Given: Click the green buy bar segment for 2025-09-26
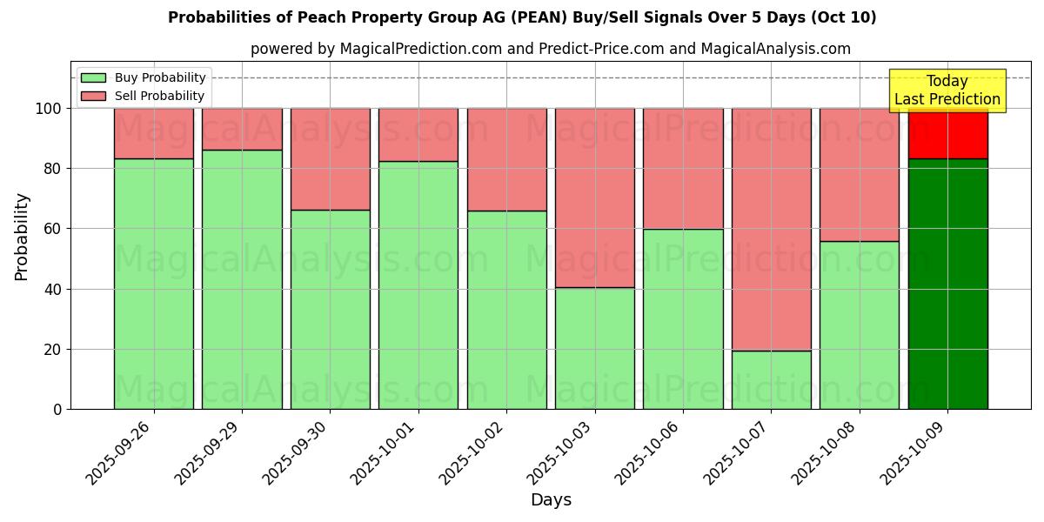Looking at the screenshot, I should [x=154, y=284].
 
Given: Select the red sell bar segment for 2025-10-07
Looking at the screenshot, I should [x=771, y=229].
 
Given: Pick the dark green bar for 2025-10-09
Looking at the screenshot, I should [x=947, y=284].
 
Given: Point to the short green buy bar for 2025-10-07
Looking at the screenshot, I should [x=771, y=379].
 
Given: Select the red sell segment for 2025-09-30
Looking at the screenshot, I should [x=331, y=158].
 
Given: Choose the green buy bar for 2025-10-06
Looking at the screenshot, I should [x=683, y=318].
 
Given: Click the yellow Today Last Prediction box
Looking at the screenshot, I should [x=947, y=90].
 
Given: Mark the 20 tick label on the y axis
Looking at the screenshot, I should [x=55, y=349].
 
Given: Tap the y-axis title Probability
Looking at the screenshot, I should [x=22, y=237].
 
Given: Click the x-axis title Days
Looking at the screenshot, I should [x=551, y=500].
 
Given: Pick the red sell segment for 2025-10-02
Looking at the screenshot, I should [x=507, y=159].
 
